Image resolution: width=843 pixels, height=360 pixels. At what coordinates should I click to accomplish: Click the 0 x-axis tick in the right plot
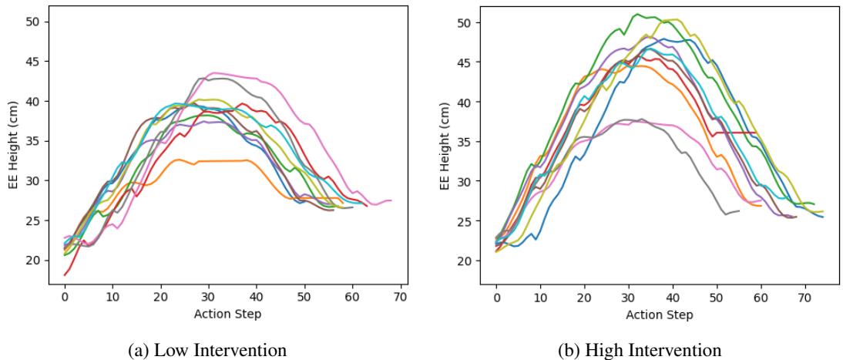[497, 297]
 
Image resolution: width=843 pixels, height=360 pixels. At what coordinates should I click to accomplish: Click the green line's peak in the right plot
[636, 14]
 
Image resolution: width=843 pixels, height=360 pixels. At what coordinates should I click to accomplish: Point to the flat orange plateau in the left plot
[223, 161]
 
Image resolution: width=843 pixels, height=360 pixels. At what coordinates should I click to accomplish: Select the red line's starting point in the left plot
[65, 275]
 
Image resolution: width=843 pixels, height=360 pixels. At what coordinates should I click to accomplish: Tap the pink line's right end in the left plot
[391, 200]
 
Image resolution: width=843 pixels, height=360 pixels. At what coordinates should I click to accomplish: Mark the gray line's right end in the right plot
[739, 210]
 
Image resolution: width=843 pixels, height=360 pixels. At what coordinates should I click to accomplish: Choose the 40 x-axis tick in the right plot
[673, 297]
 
